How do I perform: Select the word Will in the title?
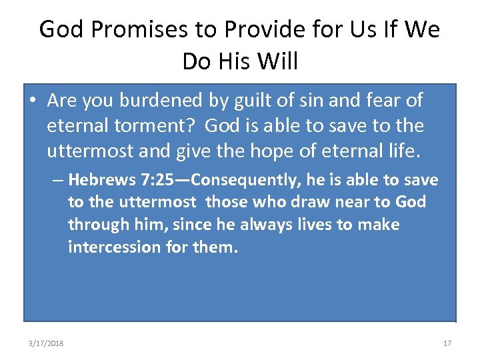click(276, 61)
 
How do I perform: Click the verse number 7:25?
click(157, 180)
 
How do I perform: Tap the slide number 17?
click(447, 343)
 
